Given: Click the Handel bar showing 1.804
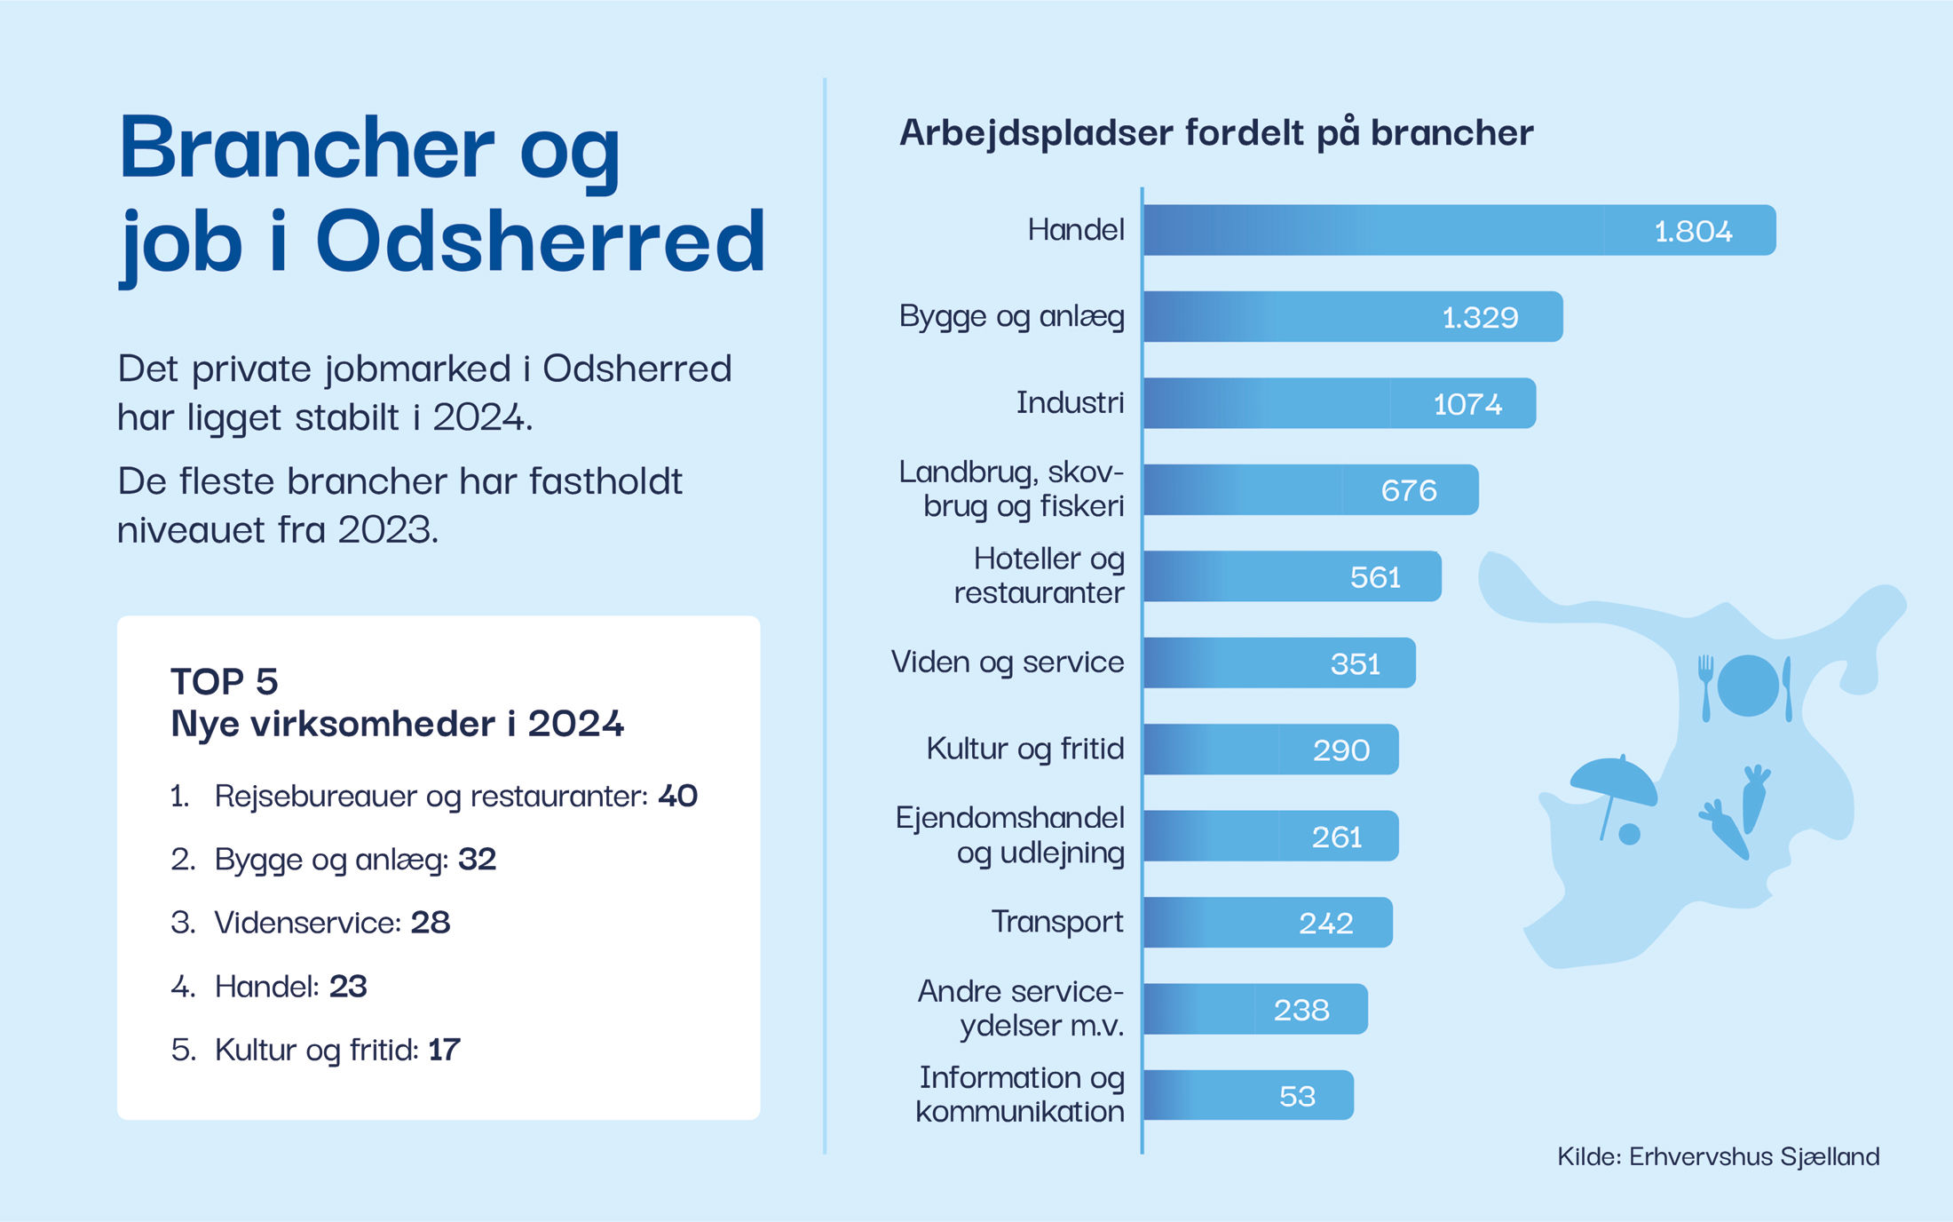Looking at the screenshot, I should click(1456, 231).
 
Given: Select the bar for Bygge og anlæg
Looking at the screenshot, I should click(1349, 317).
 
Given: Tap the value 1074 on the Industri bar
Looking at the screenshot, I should click(1467, 404).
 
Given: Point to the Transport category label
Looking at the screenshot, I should click(1056, 923).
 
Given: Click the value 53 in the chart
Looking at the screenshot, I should click(1297, 1096).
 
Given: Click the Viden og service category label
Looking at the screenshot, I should click(1008, 663).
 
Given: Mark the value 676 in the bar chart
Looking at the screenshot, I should click(1409, 490).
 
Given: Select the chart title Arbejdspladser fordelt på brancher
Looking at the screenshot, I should click(1216, 133).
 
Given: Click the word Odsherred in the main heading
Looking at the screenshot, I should click(540, 242).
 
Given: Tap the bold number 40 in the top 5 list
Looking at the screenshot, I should click(677, 796).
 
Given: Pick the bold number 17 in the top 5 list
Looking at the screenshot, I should click(444, 1050).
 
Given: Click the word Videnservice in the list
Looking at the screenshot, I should click(307, 923).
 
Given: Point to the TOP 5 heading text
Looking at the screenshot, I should click(225, 682).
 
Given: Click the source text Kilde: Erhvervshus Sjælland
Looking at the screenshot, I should click(1718, 1156).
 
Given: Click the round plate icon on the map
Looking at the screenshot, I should click(1748, 686).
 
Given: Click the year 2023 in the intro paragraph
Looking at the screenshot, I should click(386, 530).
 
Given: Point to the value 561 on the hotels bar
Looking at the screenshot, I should click(1375, 577).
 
